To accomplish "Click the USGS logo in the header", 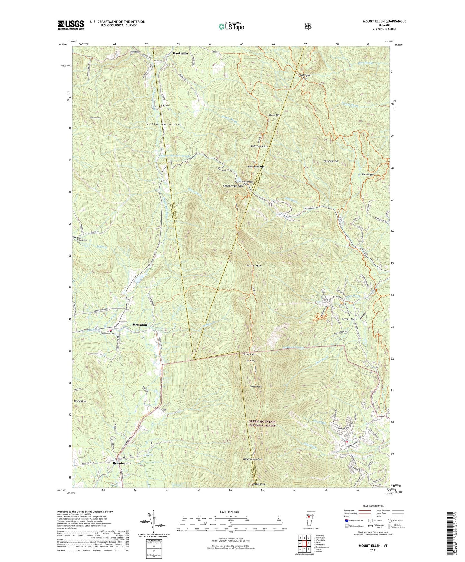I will [x=71, y=25].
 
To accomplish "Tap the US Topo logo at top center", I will [x=231, y=26].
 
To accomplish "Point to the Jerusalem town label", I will [x=139, y=325].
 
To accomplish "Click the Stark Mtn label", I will [x=254, y=266].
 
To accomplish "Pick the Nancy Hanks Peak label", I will [x=253, y=459].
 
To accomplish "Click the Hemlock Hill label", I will [x=331, y=161].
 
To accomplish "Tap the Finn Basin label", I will [x=367, y=174].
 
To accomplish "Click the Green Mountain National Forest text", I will [x=262, y=423].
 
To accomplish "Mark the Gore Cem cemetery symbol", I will [x=160, y=108].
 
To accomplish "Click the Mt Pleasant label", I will [x=80, y=401].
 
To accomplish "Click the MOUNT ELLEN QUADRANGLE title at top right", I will [x=380, y=21].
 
